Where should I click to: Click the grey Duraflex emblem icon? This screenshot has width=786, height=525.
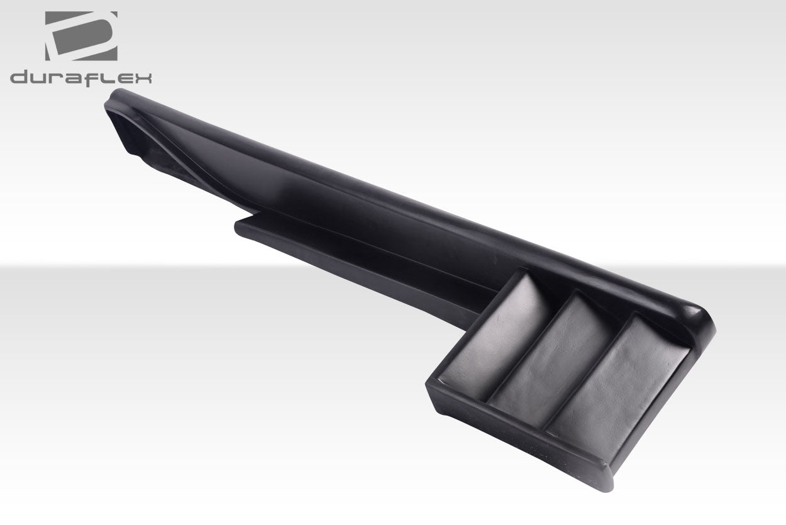(x=81, y=36)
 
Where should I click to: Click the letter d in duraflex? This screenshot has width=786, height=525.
(x=19, y=78)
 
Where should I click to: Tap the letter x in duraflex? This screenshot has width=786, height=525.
(x=143, y=78)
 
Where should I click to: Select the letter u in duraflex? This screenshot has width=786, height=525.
(x=39, y=79)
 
